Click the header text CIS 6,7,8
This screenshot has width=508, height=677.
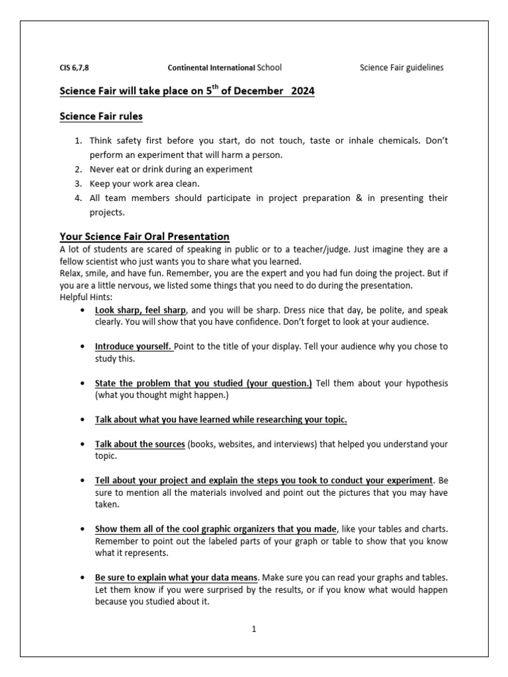click(x=74, y=67)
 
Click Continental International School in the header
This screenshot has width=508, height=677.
click(x=224, y=67)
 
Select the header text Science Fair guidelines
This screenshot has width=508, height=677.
click(x=402, y=67)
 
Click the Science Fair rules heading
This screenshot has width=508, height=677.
click(x=101, y=116)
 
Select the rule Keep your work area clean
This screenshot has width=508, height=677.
click(x=145, y=183)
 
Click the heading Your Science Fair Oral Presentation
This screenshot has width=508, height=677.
click(x=145, y=236)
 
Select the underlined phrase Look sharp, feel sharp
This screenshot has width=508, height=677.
click(x=141, y=309)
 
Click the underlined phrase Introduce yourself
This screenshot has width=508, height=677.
click(x=134, y=346)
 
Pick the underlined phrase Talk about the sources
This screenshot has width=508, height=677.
click(x=140, y=444)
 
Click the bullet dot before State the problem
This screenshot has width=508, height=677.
click(x=81, y=383)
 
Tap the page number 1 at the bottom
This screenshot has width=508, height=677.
click(x=253, y=629)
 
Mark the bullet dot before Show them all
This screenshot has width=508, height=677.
click(x=81, y=529)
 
